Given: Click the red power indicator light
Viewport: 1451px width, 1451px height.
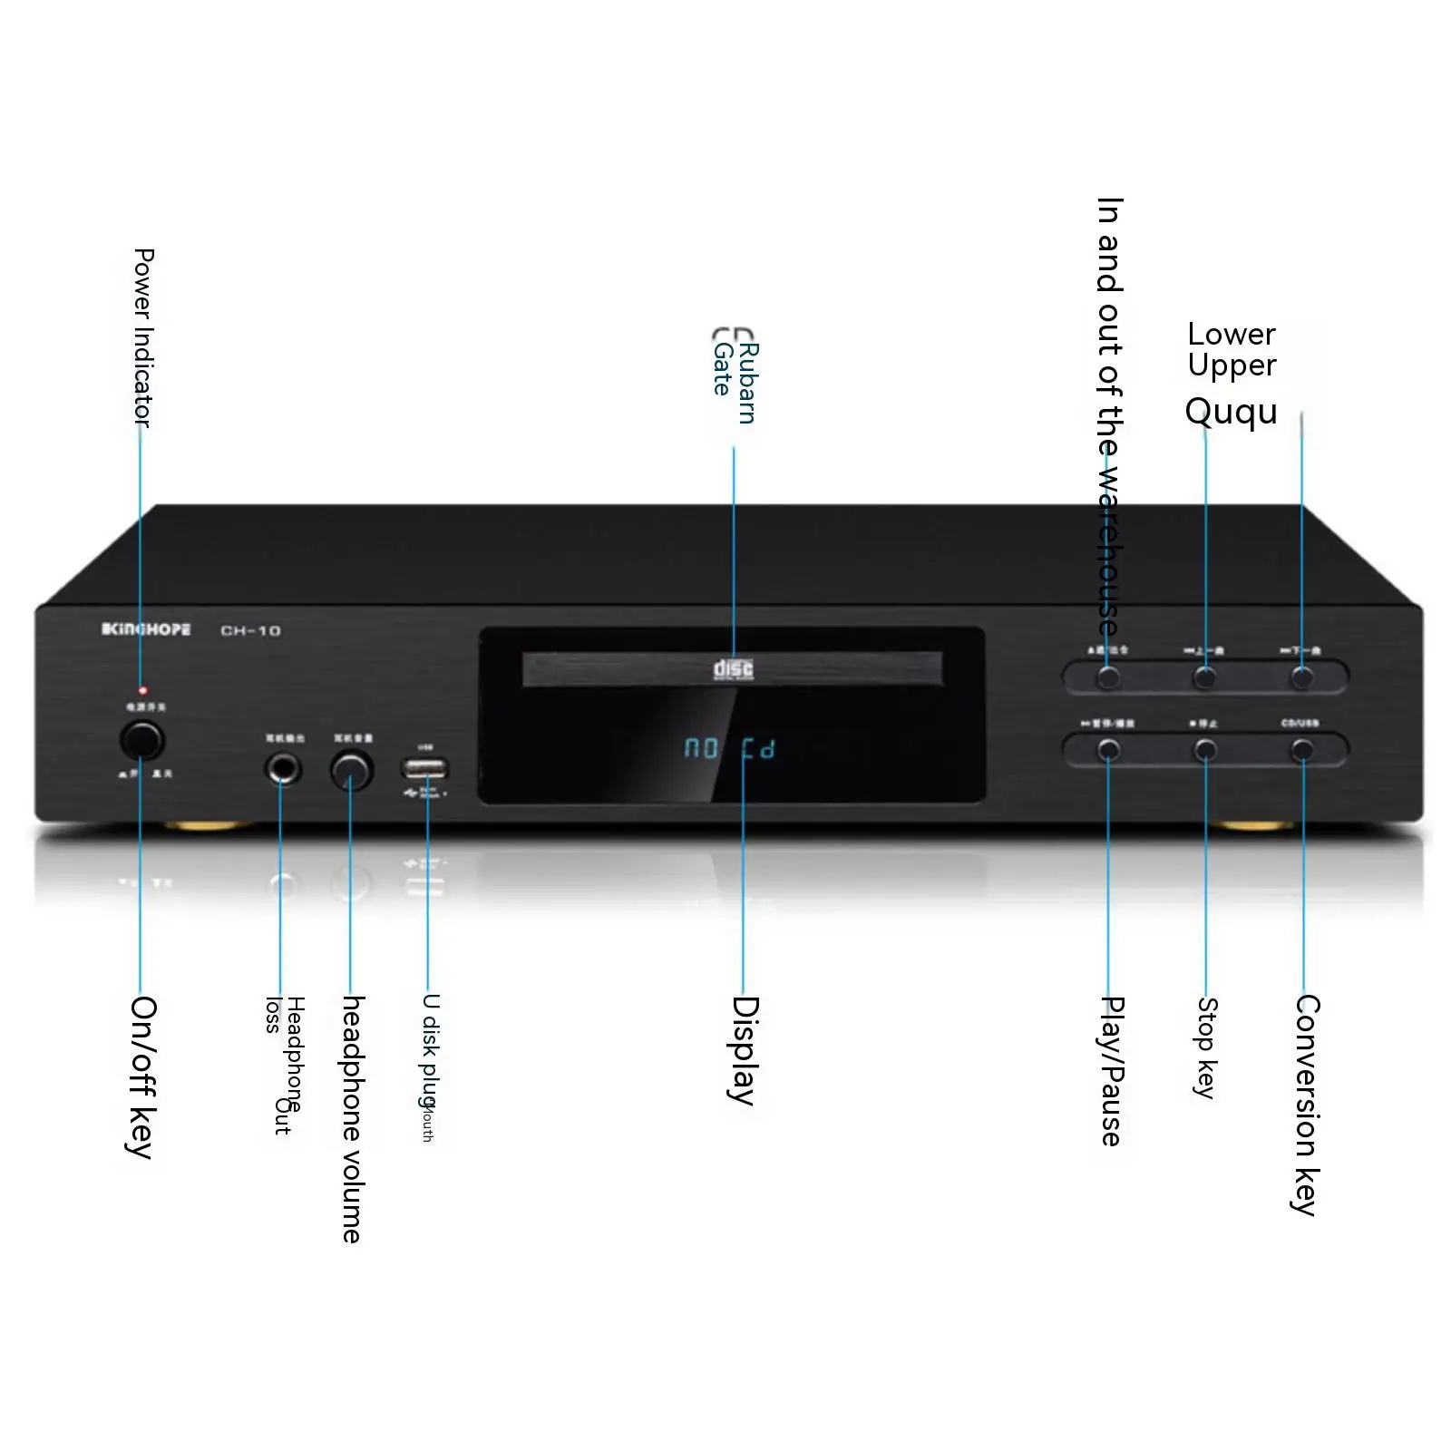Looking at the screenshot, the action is (142, 691).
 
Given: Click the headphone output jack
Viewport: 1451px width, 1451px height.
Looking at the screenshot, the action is (282, 770).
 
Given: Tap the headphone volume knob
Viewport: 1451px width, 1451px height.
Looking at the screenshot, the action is (351, 771).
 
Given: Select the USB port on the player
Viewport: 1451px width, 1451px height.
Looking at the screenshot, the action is (424, 769).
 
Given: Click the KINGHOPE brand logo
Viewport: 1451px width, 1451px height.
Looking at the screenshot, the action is (146, 629).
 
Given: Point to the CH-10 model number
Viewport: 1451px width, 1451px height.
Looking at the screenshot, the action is (250, 630).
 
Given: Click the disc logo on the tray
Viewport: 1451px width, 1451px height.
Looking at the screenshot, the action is (733, 669).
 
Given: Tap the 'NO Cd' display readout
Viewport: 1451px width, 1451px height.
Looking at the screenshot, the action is (729, 749).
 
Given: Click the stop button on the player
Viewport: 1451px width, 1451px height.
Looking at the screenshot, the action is (1205, 750).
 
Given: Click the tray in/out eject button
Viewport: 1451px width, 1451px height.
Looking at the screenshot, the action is (1108, 677).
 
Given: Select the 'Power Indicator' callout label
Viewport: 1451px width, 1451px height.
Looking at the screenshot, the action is (143, 337).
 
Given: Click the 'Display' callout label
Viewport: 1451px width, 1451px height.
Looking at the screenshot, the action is (744, 1050).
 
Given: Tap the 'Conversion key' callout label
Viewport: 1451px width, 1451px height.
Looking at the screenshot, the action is (1305, 1104).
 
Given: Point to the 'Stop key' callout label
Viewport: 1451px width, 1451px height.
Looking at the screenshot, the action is (1206, 1047).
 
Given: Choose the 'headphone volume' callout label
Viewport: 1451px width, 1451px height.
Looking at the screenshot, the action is (352, 1119).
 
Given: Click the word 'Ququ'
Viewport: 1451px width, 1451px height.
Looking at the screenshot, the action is (1231, 412).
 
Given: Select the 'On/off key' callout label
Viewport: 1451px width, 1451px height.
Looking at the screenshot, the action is (141, 1076).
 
